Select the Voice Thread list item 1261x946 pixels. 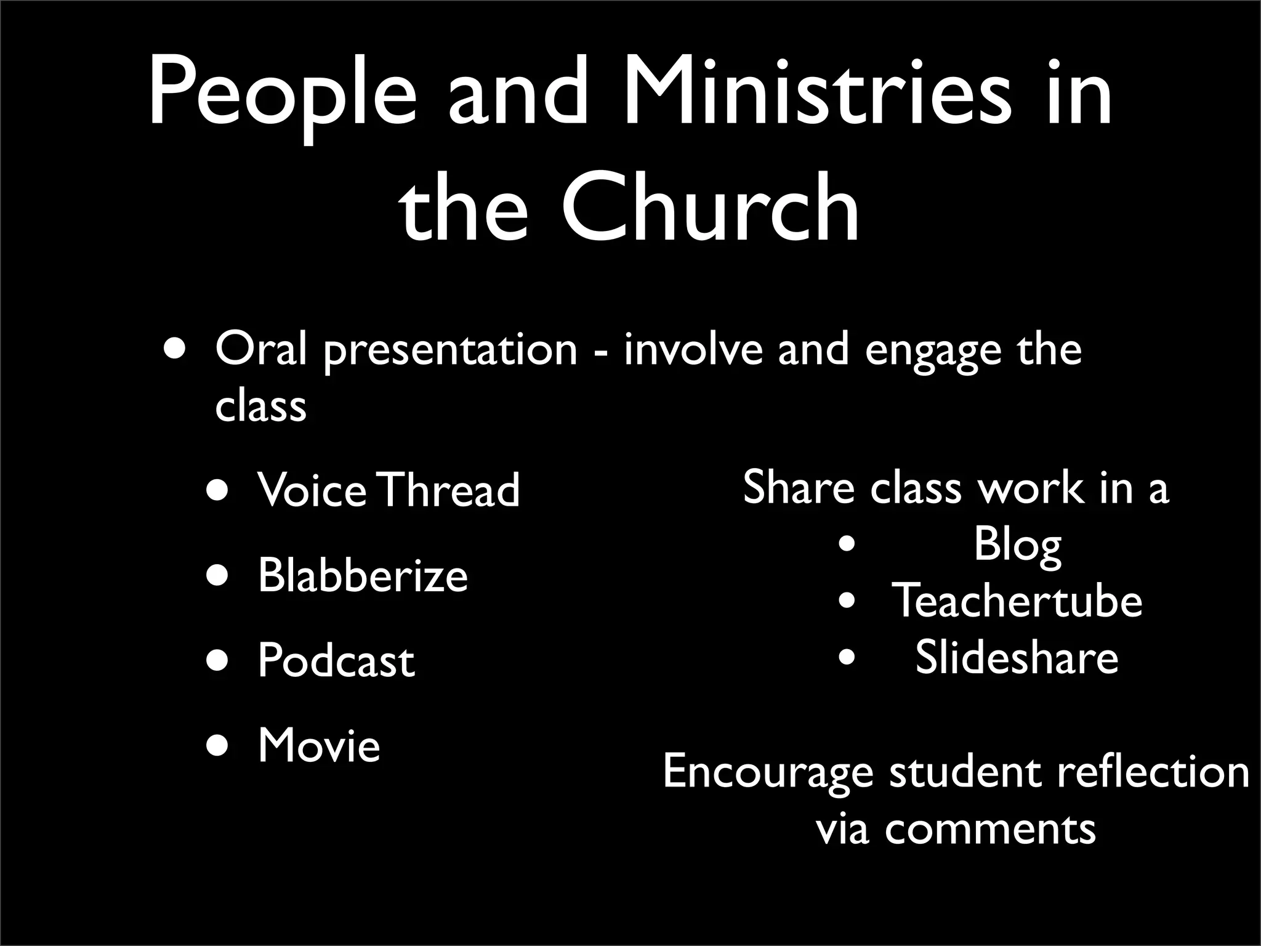click(389, 490)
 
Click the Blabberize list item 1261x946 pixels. click(363, 575)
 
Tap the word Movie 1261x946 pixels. click(319, 745)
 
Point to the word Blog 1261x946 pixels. click(1017, 546)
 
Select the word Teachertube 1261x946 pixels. click(1017, 600)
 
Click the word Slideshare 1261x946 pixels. click(1017, 657)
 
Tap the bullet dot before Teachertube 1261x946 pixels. click(847, 600)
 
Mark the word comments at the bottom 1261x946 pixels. click(990, 828)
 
